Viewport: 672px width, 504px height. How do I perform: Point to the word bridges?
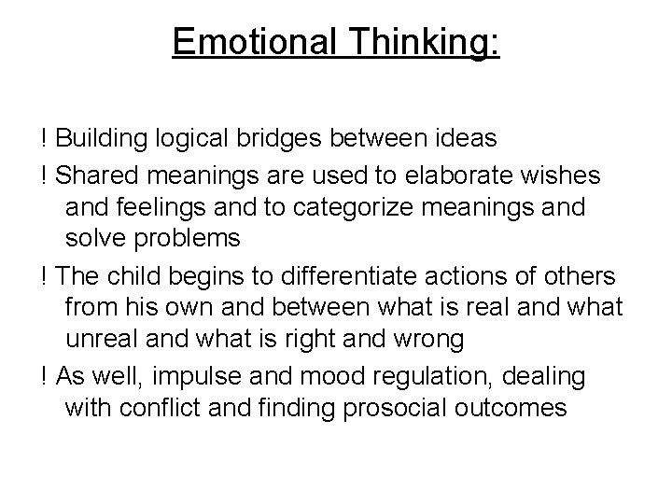(x=286, y=139)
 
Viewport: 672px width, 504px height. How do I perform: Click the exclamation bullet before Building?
(x=44, y=139)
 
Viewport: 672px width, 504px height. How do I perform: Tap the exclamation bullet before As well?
(x=44, y=376)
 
